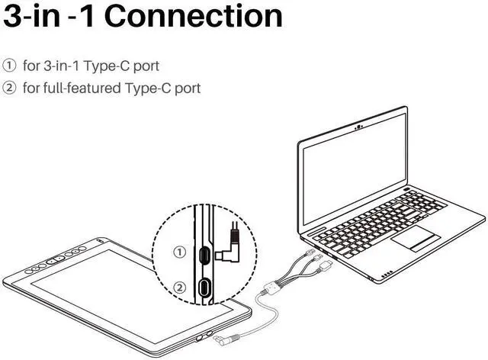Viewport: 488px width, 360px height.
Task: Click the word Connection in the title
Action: click(194, 16)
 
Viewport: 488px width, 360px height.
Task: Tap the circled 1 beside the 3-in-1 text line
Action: click(10, 66)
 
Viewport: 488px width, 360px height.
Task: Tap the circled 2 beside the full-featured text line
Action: click(10, 88)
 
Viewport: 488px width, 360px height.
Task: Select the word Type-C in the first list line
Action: click(112, 66)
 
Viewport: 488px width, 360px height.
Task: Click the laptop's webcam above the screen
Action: click(358, 124)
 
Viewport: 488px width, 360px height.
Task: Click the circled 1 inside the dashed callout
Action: click(180, 252)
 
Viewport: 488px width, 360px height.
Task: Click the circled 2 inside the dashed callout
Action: click(180, 288)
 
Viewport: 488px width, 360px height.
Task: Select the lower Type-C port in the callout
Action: click(205, 288)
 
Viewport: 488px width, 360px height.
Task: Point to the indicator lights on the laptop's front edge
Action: click(387, 273)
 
